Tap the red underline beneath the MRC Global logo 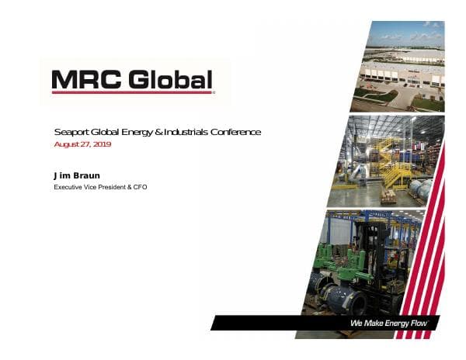[132, 93]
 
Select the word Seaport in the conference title [71, 133]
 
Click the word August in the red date [68, 145]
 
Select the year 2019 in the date [101, 145]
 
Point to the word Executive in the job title [70, 188]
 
